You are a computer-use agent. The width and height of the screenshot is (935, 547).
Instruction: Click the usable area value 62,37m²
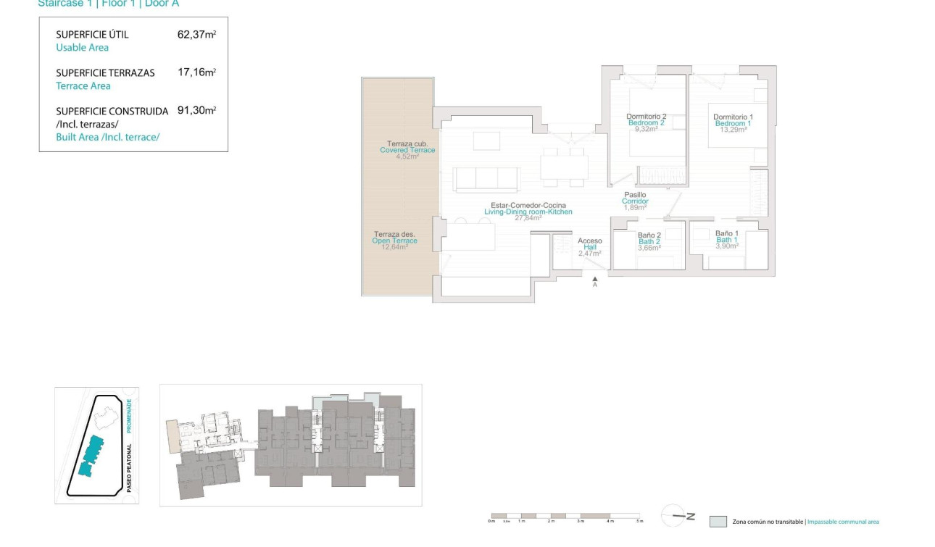(196, 34)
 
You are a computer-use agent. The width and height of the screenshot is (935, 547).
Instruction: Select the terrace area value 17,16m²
(196, 72)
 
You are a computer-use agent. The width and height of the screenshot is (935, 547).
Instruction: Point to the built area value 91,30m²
(196, 111)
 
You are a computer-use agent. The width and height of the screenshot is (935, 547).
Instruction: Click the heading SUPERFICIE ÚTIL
(92, 34)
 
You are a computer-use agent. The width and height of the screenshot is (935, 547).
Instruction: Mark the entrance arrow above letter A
(594, 277)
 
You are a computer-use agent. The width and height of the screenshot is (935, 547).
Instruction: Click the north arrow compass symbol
(678, 516)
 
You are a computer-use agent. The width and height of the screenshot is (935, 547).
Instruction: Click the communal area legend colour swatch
(718, 521)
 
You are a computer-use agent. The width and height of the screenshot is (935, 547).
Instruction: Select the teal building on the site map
(91, 456)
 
